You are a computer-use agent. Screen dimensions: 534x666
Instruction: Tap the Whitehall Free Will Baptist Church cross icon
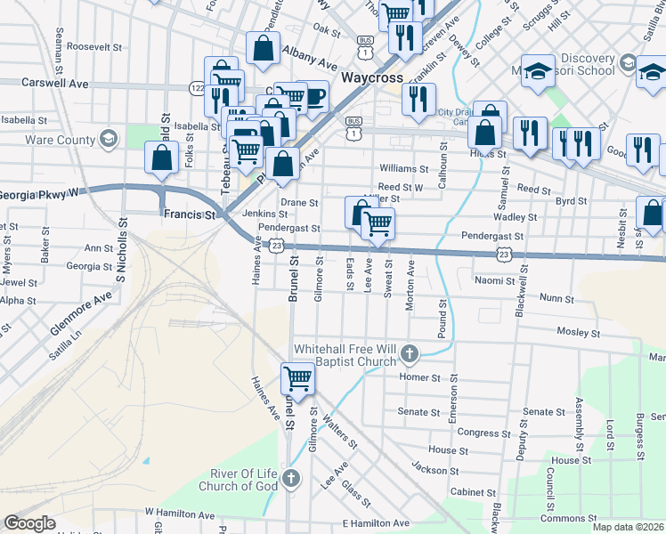pyautogui.click(x=409, y=354)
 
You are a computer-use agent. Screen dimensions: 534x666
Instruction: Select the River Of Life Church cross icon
pyautogui.click(x=290, y=481)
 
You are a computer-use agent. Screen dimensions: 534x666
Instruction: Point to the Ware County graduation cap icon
pyautogui.click(x=109, y=139)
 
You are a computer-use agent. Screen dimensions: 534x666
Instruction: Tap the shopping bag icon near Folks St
pyautogui.click(x=162, y=158)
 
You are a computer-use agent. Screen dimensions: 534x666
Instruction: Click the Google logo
pyautogui.click(x=29, y=523)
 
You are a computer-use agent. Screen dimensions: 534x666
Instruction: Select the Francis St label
pyautogui.click(x=190, y=214)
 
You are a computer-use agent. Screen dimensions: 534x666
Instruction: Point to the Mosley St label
pyautogui.click(x=580, y=332)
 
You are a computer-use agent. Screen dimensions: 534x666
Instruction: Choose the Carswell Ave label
pyautogui.click(x=62, y=83)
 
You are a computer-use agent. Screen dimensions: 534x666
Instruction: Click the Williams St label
pyautogui.click(x=404, y=168)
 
